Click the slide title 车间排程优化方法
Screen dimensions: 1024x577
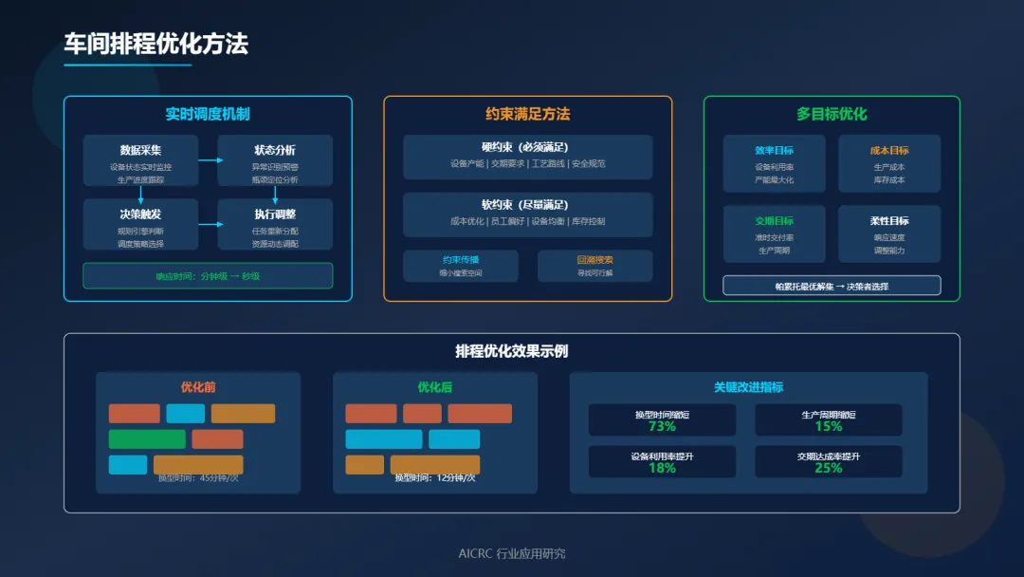click(156, 44)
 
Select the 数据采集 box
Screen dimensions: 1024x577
click(140, 159)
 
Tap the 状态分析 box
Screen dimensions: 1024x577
click(275, 159)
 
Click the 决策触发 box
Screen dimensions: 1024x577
click(140, 223)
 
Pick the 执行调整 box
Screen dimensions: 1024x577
click(275, 223)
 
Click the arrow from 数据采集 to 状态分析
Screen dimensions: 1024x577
click(209, 160)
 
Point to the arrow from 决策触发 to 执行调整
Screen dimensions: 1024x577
click(209, 224)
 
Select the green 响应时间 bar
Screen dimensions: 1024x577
click(208, 276)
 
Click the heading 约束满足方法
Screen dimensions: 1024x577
click(527, 114)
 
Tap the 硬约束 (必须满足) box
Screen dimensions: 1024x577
click(527, 157)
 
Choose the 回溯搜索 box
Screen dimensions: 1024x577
click(594, 266)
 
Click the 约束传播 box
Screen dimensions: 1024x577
click(461, 266)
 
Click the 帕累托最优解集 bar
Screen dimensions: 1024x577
click(832, 286)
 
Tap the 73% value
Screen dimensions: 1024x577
click(662, 427)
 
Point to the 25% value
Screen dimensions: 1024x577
click(828, 468)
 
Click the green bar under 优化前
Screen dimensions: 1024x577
click(147, 439)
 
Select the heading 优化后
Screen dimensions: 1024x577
click(434, 387)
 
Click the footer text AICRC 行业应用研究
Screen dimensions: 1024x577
click(512, 553)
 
